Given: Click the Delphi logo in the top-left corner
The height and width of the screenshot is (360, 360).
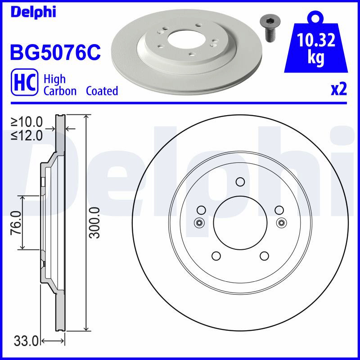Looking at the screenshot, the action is click(x=33, y=13).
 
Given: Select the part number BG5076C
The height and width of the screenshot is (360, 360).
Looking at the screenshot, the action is click(x=55, y=52).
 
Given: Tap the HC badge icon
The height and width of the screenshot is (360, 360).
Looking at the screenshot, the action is click(x=25, y=82).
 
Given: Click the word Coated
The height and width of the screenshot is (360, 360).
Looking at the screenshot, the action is click(x=102, y=91).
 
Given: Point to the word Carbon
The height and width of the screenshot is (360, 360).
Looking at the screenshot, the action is click(x=60, y=91).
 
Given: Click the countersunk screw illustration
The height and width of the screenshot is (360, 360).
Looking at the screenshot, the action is click(x=268, y=29).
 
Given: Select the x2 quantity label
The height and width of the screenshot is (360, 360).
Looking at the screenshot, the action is click(x=339, y=90).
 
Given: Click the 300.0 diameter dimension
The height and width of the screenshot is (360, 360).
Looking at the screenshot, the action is click(x=94, y=223).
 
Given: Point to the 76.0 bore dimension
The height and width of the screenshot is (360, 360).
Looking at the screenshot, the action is click(x=16, y=223).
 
